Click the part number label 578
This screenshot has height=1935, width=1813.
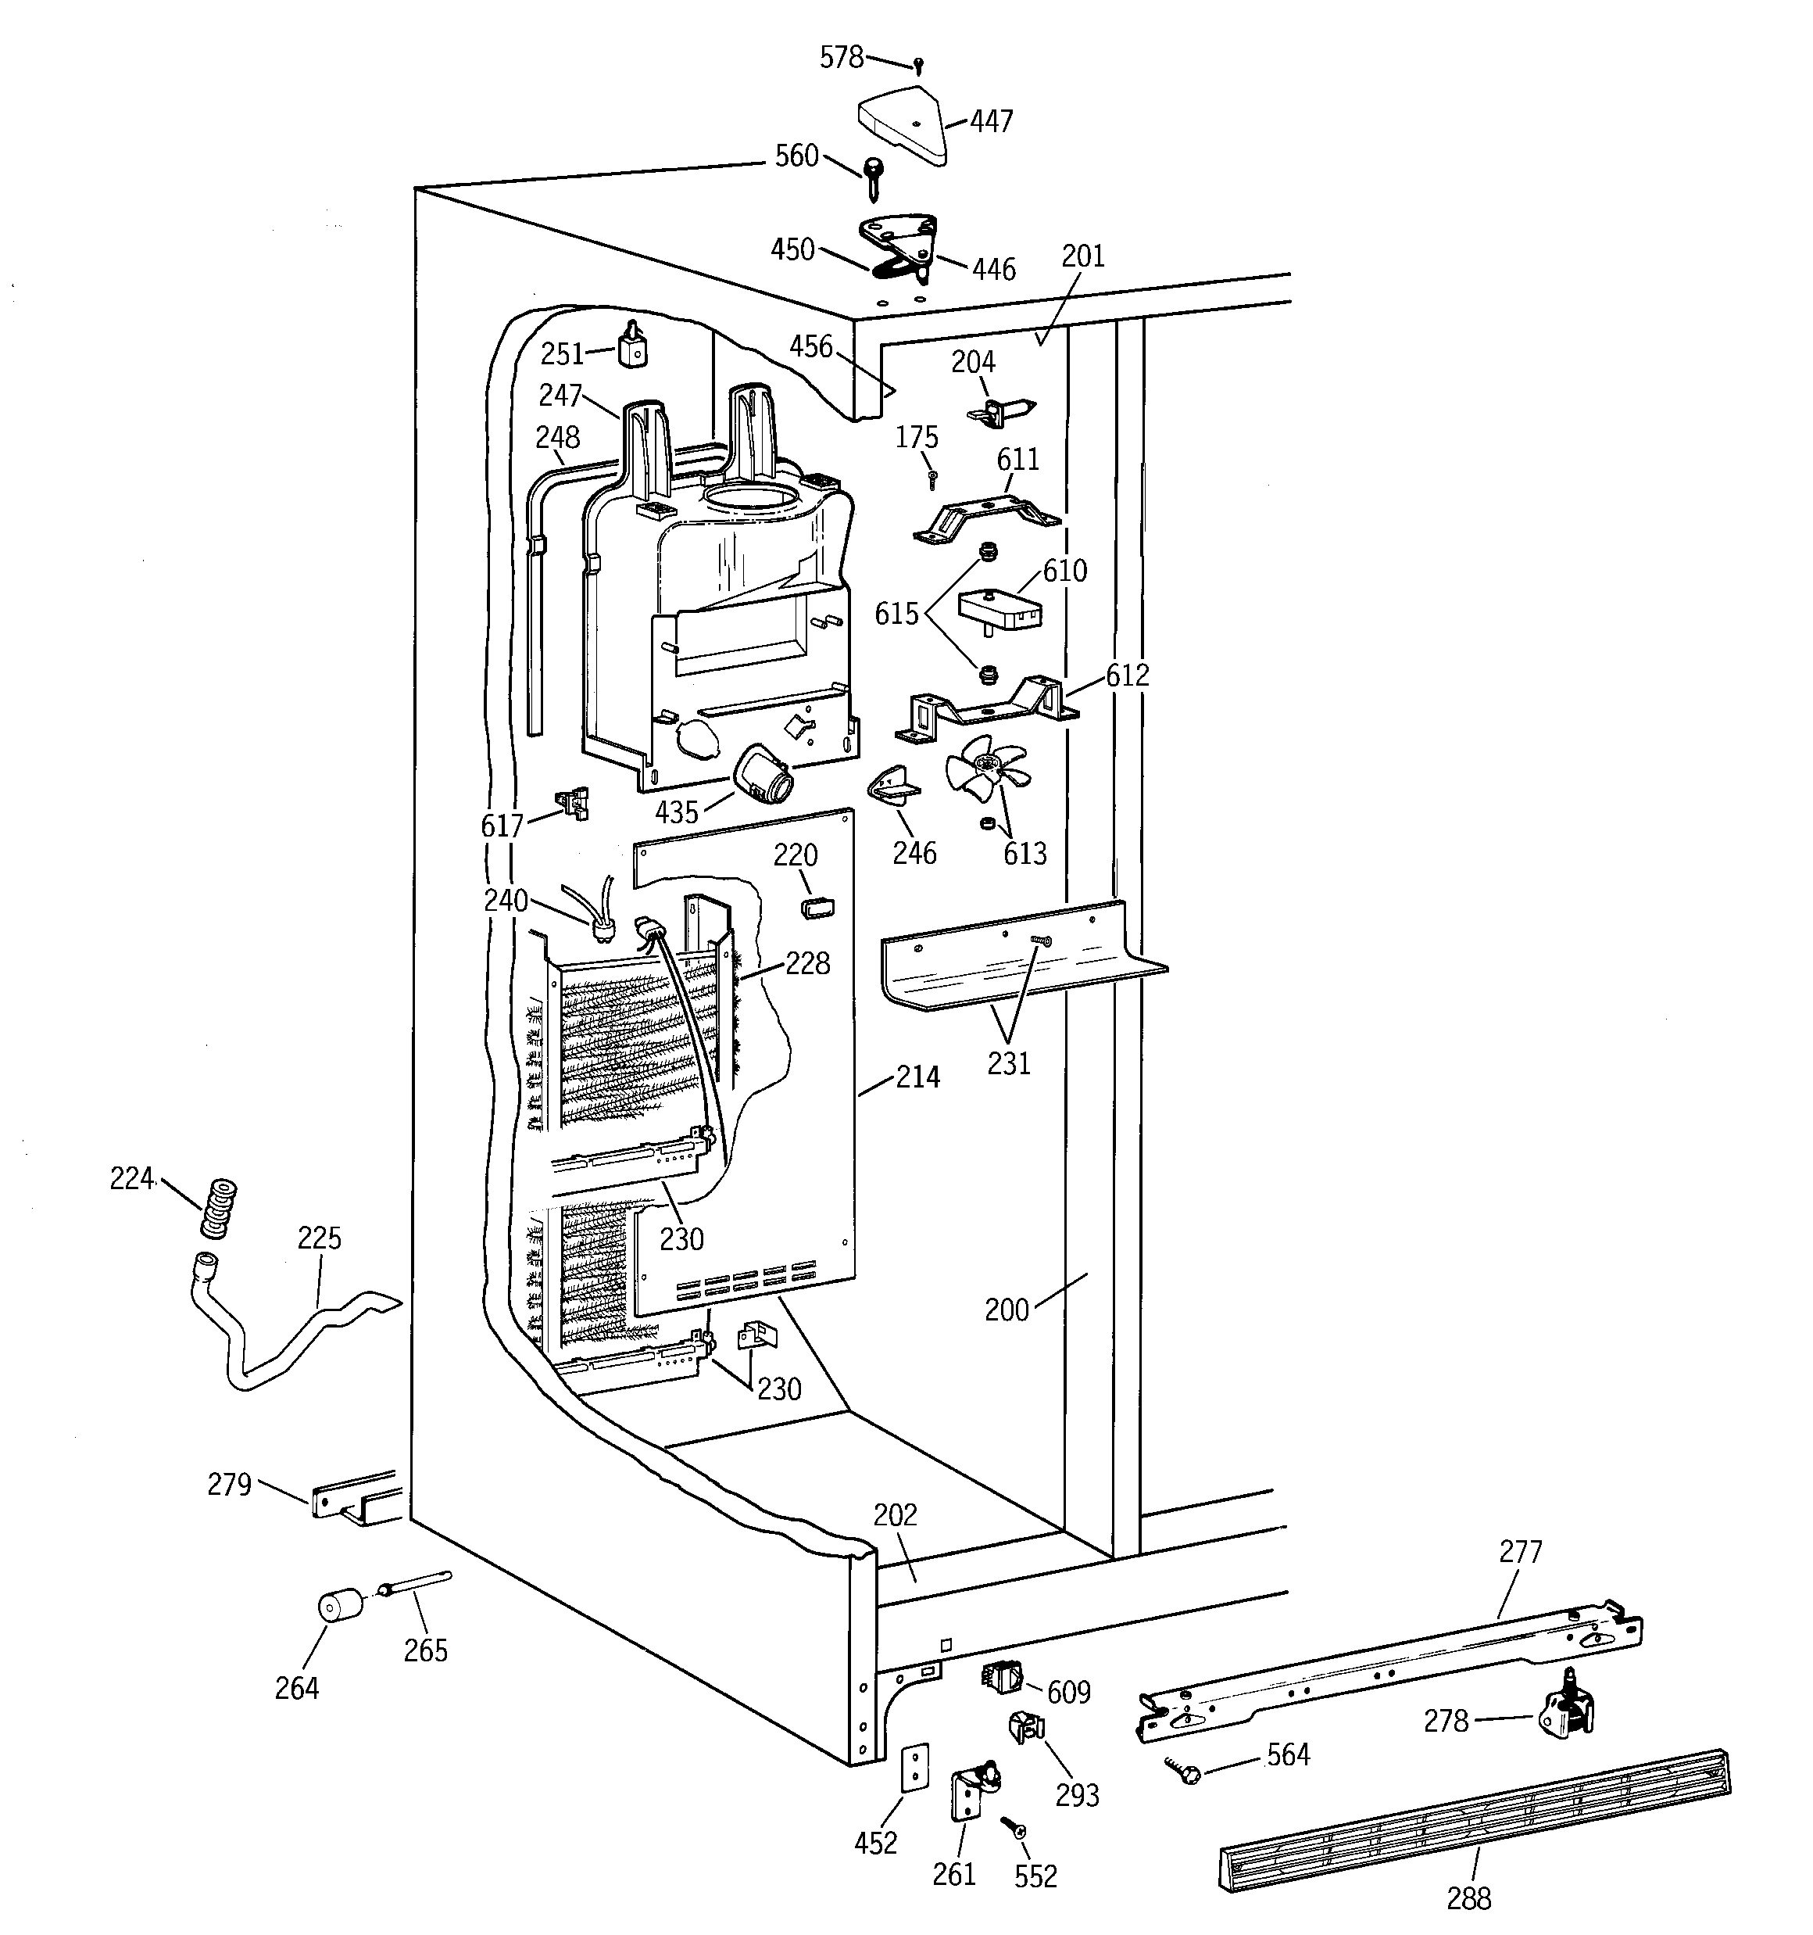pyautogui.click(x=841, y=59)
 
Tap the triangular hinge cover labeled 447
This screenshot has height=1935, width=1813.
pyautogui.click(x=905, y=124)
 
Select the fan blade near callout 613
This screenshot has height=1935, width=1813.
pyautogui.click(x=987, y=770)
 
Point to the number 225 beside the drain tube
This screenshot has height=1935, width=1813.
pyautogui.click(x=319, y=1238)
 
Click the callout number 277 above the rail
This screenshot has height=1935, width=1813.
pyautogui.click(x=1520, y=1551)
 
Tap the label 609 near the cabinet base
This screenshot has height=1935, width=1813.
pyautogui.click(x=1067, y=1693)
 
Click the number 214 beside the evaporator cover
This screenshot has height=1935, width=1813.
pyautogui.click(x=917, y=1077)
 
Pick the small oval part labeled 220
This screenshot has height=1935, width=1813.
pyautogui.click(x=817, y=908)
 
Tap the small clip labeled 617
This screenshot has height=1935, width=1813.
pyautogui.click(x=572, y=803)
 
